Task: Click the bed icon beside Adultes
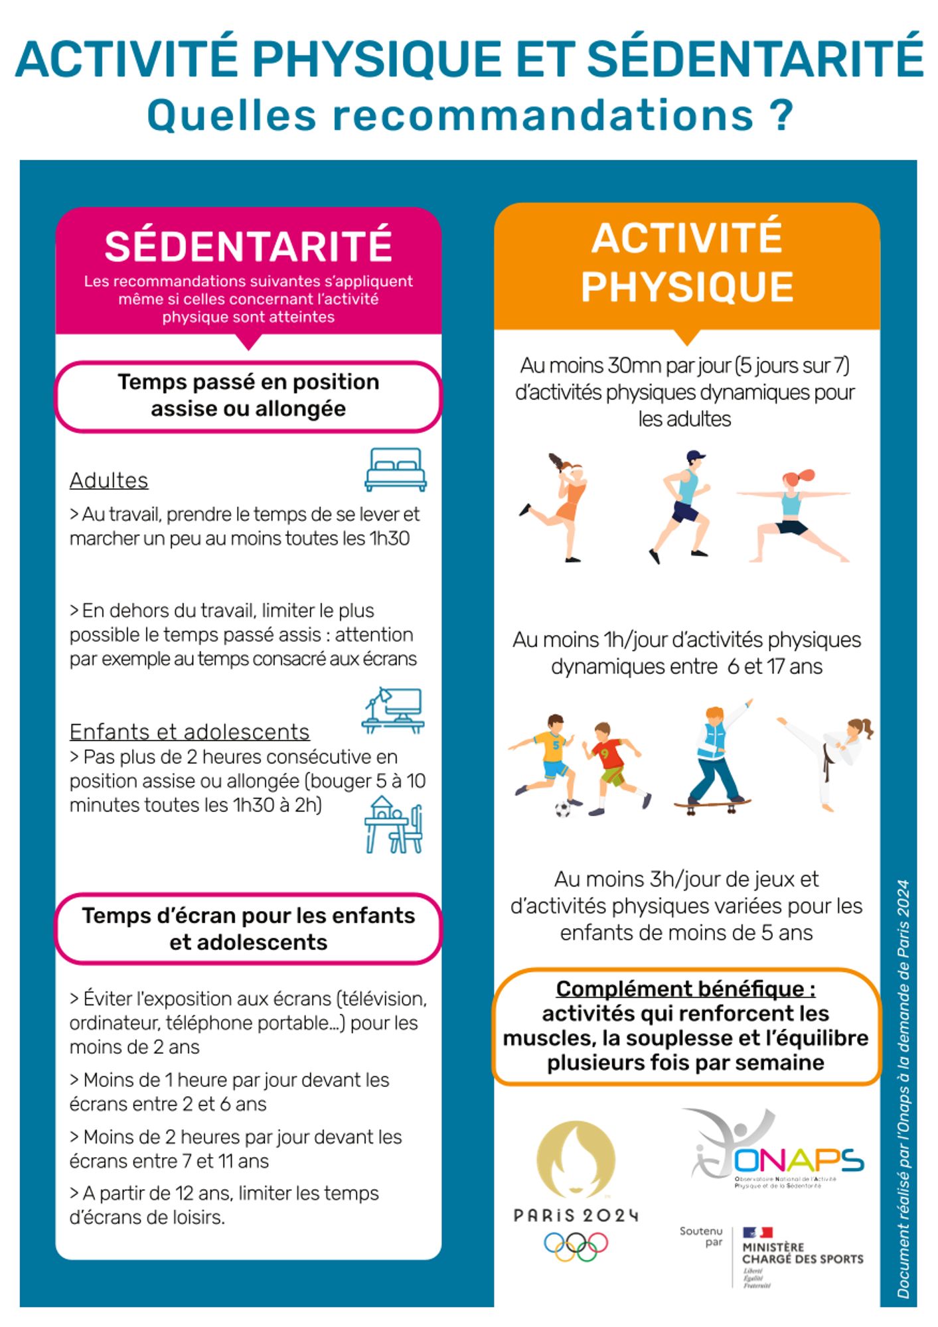click(x=396, y=470)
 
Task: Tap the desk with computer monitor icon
click(x=393, y=711)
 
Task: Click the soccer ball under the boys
click(x=563, y=809)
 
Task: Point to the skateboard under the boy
click(x=712, y=805)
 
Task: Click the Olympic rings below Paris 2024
click(x=576, y=1246)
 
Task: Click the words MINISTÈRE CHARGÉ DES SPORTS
click(x=802, y=1253)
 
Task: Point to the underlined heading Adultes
click(x=109, y=480)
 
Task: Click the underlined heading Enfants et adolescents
click(x=189, y=732)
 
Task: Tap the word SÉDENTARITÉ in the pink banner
click(x=248, y=246)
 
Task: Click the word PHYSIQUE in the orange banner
click(x=687, y=287)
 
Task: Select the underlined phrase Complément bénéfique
click(x=685, y=989)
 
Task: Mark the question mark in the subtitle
click(x=783, y=115)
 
